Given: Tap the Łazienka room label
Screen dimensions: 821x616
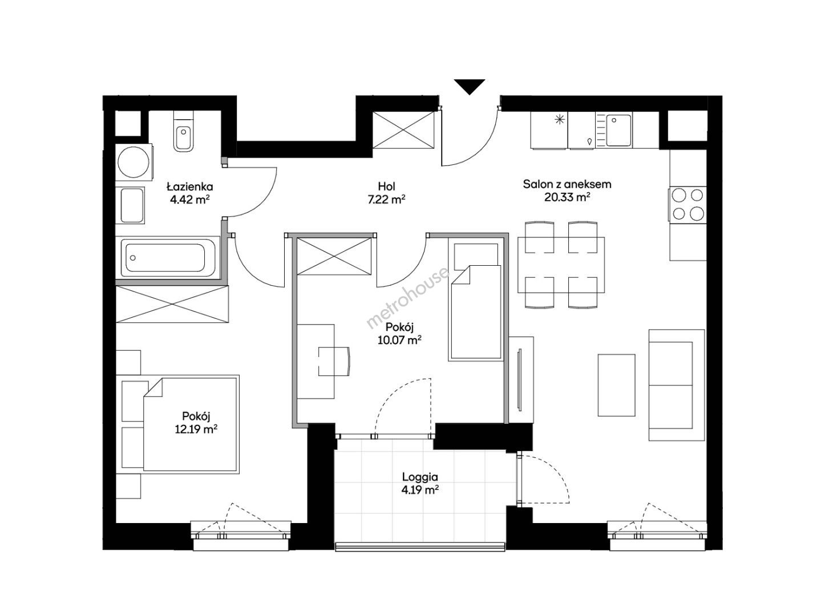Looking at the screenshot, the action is coord(190,186).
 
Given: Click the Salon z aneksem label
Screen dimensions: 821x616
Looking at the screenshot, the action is coord(567,184).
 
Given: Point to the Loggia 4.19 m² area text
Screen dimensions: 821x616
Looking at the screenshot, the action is coord(420,489).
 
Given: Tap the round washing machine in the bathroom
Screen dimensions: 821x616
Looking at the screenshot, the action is coord(134,163).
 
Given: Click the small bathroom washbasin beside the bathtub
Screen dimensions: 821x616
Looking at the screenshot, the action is coord(130,205).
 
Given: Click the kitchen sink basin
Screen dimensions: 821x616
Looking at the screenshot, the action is coord(618,130).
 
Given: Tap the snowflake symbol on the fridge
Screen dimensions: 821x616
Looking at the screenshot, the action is coord(560,120).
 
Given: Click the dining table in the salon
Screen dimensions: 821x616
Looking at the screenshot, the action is coord(561,265).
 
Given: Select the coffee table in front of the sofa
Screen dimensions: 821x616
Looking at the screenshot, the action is coord(616,385).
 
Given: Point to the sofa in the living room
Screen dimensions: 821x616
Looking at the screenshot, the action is coord(677,385).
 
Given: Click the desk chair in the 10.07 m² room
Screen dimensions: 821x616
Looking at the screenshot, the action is coord(334,361).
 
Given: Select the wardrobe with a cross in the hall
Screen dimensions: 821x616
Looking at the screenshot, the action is coord(403,130).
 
